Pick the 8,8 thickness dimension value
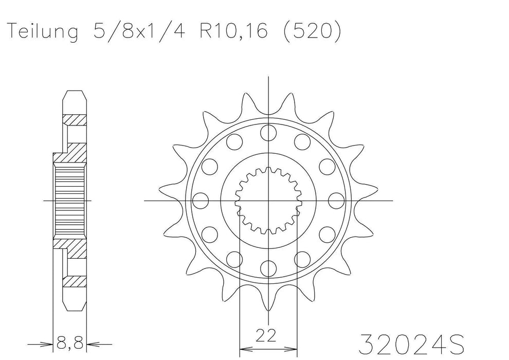click(x=70, y=341)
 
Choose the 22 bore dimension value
click(x=267, y=337)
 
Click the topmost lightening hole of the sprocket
click(x=268, y=132)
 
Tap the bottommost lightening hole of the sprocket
click(x=268, y=267)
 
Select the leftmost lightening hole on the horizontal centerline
click(x=201, y=200)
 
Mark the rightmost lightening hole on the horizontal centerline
click(x=335, y=200)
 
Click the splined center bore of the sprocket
click(x=268, y=200)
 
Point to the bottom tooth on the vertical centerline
click(x=268, y=303)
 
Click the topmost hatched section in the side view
click(x=73, y=120)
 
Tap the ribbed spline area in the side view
click(x=69, y=200)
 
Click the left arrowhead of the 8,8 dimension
click(x=49, y=343)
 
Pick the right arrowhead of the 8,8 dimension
click(x=92, y=343)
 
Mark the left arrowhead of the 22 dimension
click(x=245, y=343)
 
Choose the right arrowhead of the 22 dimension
click(x=292, y=343)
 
